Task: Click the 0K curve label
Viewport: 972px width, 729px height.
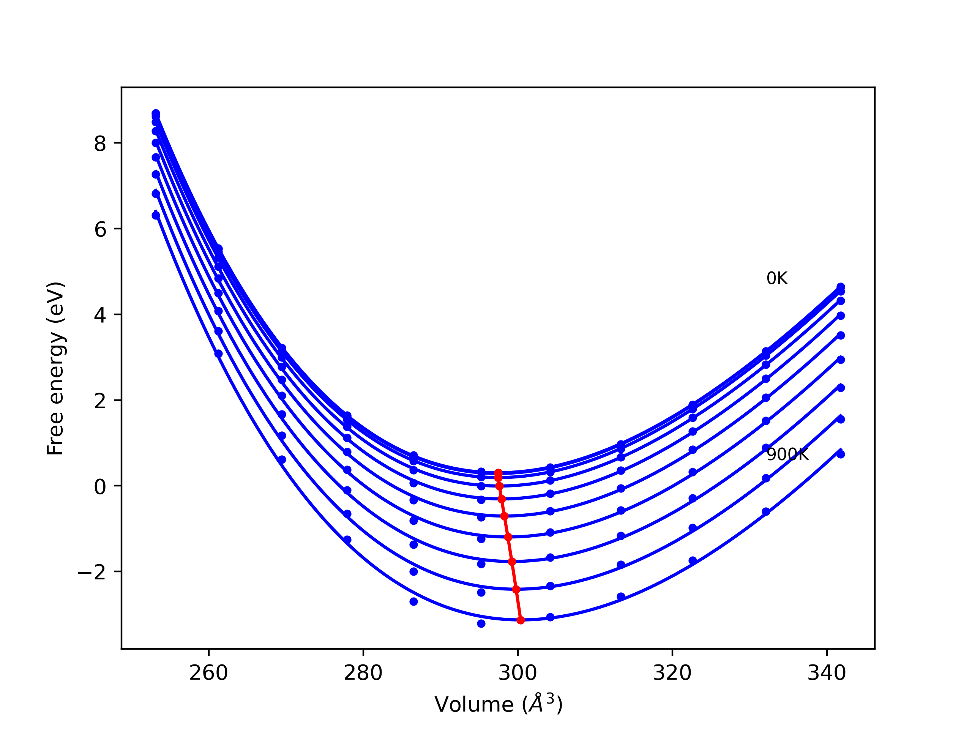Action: (776, 279)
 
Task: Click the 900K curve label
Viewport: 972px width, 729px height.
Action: (787, 455)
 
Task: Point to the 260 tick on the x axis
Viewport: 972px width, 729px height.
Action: (208, 673)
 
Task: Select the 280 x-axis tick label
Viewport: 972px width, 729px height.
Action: (363, 673)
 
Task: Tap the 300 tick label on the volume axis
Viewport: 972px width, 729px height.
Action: (518, 673)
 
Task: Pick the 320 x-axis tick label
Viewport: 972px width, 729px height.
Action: (672, 673)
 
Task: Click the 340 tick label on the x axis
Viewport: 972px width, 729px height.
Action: (827, 673)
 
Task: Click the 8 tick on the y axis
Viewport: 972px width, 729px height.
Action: (100, 144)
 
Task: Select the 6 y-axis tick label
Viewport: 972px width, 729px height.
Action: (100, 229)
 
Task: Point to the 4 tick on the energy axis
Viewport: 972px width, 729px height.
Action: (100, 315)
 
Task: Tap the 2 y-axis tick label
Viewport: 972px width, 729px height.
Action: (100, 401)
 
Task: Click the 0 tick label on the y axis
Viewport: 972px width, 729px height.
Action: (100, 487)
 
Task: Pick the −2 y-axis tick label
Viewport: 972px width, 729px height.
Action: (92, 573)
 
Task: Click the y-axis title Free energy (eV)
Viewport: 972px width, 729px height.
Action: (56, 368)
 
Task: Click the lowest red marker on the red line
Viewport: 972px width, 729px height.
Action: (521, 620)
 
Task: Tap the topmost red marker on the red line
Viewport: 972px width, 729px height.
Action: (498, 473)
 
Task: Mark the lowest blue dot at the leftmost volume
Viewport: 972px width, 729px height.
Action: (156, 215)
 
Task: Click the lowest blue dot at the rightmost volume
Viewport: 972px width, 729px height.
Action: (841, 454)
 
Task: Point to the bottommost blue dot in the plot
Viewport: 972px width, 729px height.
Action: (481, 623)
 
